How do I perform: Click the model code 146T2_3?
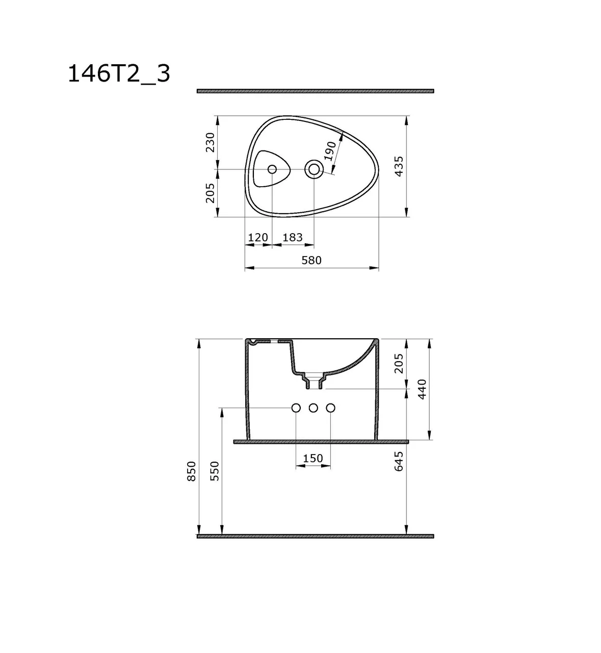tap(119, 74)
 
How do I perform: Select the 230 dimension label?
tap(210, 142)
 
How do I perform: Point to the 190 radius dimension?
tap(330, 152)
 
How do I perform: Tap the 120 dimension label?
tap(258, 238)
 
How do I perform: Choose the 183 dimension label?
tap(292, 238)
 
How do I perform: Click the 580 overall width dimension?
tap(311, 261)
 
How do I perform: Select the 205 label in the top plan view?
tap(210, 193)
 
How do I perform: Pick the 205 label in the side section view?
tap(399, 363)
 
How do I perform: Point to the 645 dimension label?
tap(399, 461)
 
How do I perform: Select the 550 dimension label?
tap(215, 471)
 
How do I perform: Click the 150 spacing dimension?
tap(313, 459)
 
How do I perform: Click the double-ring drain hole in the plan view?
tap(313, 169)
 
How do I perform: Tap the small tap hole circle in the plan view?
tap(272, 169)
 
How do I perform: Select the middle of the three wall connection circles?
tap(313, 408)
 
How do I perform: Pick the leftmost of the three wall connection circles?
tap(296, 408)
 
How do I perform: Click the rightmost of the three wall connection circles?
tap(330, 408)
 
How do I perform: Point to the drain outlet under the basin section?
tap(313, 383)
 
